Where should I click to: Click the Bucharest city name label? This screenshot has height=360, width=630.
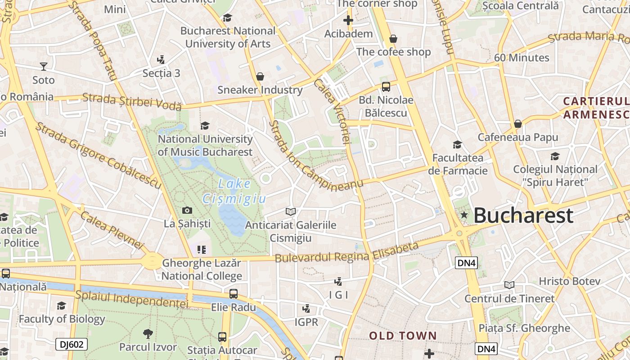click(x=523, y=216)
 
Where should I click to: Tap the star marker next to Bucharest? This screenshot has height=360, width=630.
click(x=464, y=216)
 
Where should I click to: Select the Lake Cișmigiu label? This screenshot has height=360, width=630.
click(x=234, y=191)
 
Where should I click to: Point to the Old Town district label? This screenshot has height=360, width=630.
click(x=403, y=336)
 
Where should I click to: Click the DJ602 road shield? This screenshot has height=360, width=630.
click(x=71, y=345)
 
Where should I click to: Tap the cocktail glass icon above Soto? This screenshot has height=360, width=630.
click(x=43, y=67)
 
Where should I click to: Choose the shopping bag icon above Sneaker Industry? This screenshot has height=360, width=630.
click(x=260, y=76)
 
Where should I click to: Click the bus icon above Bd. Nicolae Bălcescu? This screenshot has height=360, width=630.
click(x=386, y=87)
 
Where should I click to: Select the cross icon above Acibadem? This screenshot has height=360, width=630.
click(x=348, y=20)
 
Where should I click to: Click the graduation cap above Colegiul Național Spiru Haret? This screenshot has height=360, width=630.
click(x=555, y=157)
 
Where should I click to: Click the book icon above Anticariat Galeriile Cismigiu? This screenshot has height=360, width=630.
click(x=291, y=211)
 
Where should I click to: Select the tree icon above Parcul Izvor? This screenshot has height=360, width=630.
click(x=148, y=333)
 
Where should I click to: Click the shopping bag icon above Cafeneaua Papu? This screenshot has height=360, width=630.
click(x=518, y=124)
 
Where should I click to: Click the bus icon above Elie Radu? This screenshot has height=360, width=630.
click(x=233, y=294)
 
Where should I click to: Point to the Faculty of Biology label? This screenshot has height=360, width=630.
click(x=62, y=319)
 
